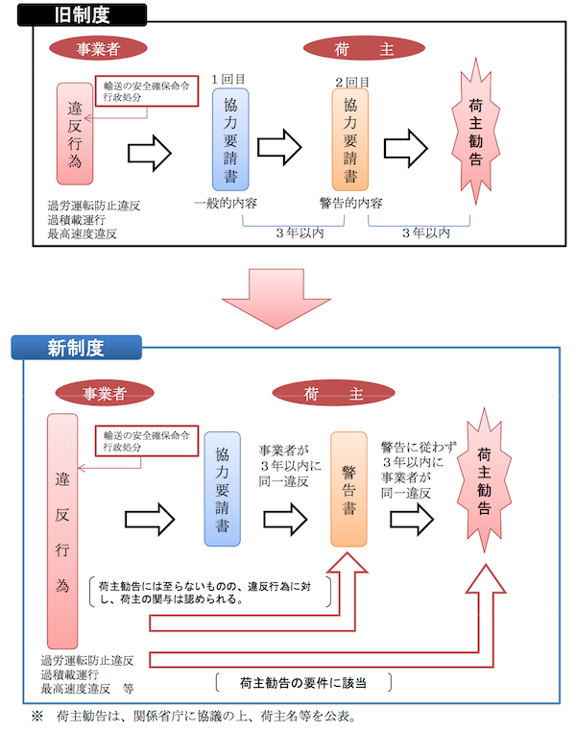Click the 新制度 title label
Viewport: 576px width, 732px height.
pos(76,348)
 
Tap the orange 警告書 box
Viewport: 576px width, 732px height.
pos(349,489)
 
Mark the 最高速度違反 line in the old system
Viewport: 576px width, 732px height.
pos(82,233)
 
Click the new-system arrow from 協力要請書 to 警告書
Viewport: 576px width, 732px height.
pos(284,519)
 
